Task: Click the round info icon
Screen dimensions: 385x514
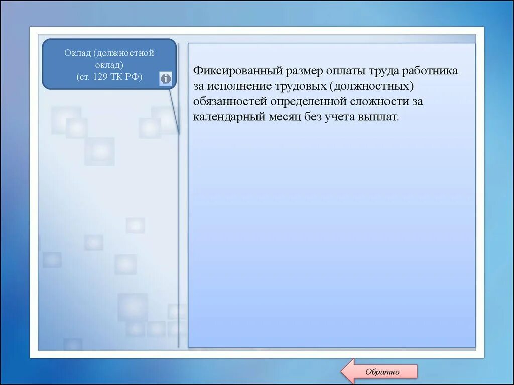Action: coord(166,78)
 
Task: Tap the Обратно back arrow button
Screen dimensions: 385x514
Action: coord(379,371)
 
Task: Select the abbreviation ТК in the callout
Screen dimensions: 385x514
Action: coord(121,77)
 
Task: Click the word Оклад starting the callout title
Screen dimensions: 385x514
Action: coord(76,53)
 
